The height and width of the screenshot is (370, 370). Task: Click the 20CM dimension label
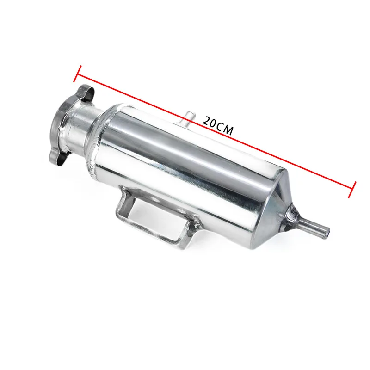tap(218, 125)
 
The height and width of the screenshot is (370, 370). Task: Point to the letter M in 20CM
tap(228, 130)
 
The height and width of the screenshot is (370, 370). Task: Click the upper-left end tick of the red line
tap(78, 74)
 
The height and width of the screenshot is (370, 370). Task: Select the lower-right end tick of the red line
tap(352, 190)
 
